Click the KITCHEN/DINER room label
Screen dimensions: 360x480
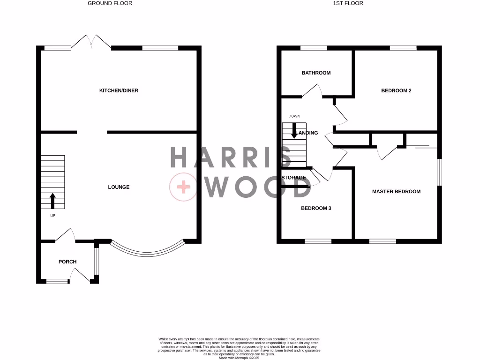tap(119, 90)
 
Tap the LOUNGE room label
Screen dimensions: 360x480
tap(119, 187)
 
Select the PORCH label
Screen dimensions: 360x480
tap(67, 262)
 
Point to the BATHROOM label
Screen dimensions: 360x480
tap(316, 73)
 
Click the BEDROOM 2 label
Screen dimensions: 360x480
tap(396, 90)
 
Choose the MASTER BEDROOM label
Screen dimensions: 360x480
tap(396, 191)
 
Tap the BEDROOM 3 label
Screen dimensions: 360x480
tap(316, 208)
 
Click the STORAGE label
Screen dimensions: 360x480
tap(294, 178)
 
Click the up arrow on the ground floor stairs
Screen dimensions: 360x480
tap(52, 201)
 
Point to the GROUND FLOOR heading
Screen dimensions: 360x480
tap(110, 3)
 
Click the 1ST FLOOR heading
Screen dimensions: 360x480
tap(348, 3)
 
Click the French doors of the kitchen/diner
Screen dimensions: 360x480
tap(92, 42)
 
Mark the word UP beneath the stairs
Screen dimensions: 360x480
tap(52, 216)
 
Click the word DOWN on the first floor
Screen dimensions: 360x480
tap(294, 116)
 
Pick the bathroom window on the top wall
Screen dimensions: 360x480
tap(314, 47)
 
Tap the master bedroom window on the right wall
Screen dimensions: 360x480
tap(439, 172)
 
